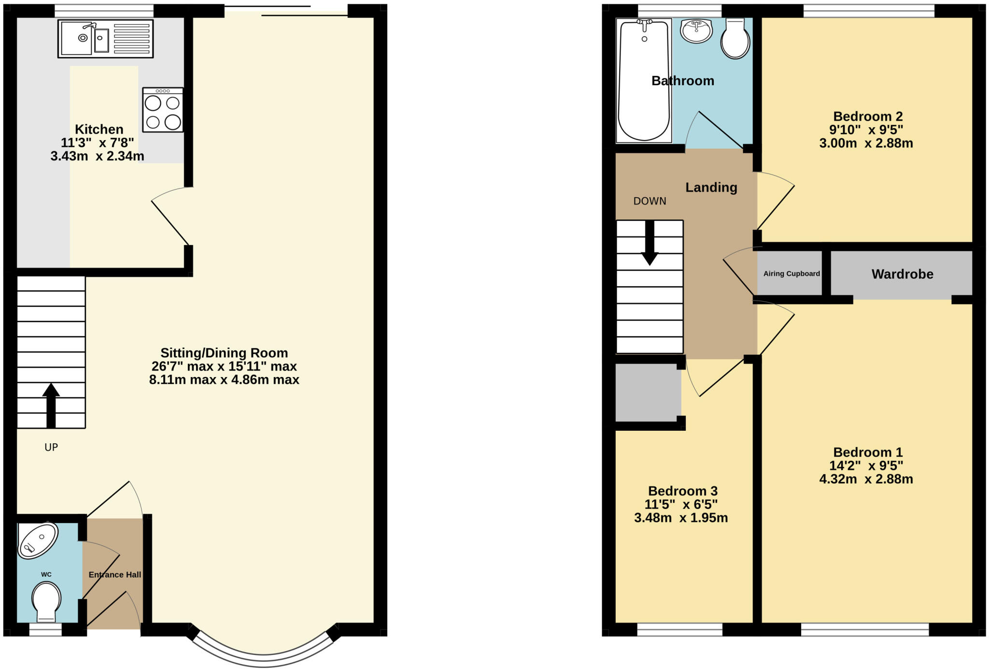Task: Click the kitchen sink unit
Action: click(x=105, y=39)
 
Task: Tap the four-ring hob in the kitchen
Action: click(x=163, y=110)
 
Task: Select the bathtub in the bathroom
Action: click(x=644, y=80)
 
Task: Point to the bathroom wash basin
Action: click(x=696, y=30)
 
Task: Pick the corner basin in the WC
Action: click(x=37, y=540)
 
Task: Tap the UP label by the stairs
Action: click(x=51, y=448)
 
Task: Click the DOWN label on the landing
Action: click(x=650, y=201)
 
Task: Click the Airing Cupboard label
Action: click(x=791, y=274)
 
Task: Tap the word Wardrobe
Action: click(x=902, y=274)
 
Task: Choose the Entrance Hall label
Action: click(x=115, y=575)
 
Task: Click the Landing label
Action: click(x=711, y=188)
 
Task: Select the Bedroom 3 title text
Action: click(x=682, y=491)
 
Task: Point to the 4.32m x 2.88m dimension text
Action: click(x=866, y=479)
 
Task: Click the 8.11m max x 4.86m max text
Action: click(x=224, y=379)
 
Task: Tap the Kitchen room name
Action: click(x=99, y=130)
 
